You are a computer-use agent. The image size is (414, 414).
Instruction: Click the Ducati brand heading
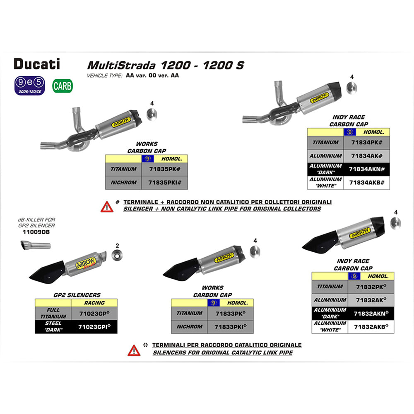pyautogui.click(x=37, y=64)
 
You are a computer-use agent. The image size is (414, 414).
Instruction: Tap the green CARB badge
pyautogui.click(x=63, y=86)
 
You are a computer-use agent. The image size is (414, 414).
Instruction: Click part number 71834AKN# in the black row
pyautogui.click(x=367, y=169)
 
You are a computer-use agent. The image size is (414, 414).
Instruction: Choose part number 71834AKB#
pyautogui.click(x=367, y=182)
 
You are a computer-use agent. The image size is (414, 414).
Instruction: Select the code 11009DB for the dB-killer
pyautogui.click(x=36, y=232)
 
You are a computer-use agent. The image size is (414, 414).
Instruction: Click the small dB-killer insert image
pyautogui.click(x=35, y=246)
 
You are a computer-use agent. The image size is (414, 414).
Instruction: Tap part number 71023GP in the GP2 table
pyautogui.click(x=94, y=314)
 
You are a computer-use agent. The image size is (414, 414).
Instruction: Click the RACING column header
pyautogui.click(x=94, y=303)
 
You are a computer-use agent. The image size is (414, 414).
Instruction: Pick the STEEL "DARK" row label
pyautogui.click(x=53, y=326)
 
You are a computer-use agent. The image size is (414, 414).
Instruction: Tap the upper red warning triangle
pyautogui.click(x=107, y=206)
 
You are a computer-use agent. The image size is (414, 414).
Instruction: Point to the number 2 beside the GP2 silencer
pyautogui.click(x=118, y=245)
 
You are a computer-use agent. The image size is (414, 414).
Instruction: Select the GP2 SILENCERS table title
pyautogui.click(x=77, y=295)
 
